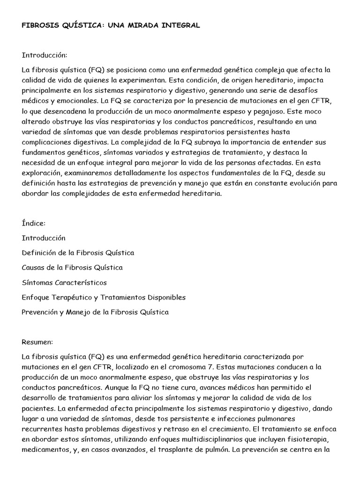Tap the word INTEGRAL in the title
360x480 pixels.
click(x=180, y=25)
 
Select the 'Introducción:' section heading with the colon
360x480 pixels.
click(x=45, y=55)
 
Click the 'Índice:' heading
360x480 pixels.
click(x=33, y=223)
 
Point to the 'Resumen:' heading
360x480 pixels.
click(x=37, y=342)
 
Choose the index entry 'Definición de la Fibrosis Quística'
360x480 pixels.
click(x=78, y=253)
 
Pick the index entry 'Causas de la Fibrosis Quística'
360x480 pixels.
click(x=72, y=268)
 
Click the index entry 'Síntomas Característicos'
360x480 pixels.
click(x=64, y=283)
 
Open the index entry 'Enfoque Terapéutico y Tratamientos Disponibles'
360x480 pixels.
click(x=104, y=297)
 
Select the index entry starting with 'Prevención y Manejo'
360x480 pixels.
click(x=95, y=312)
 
